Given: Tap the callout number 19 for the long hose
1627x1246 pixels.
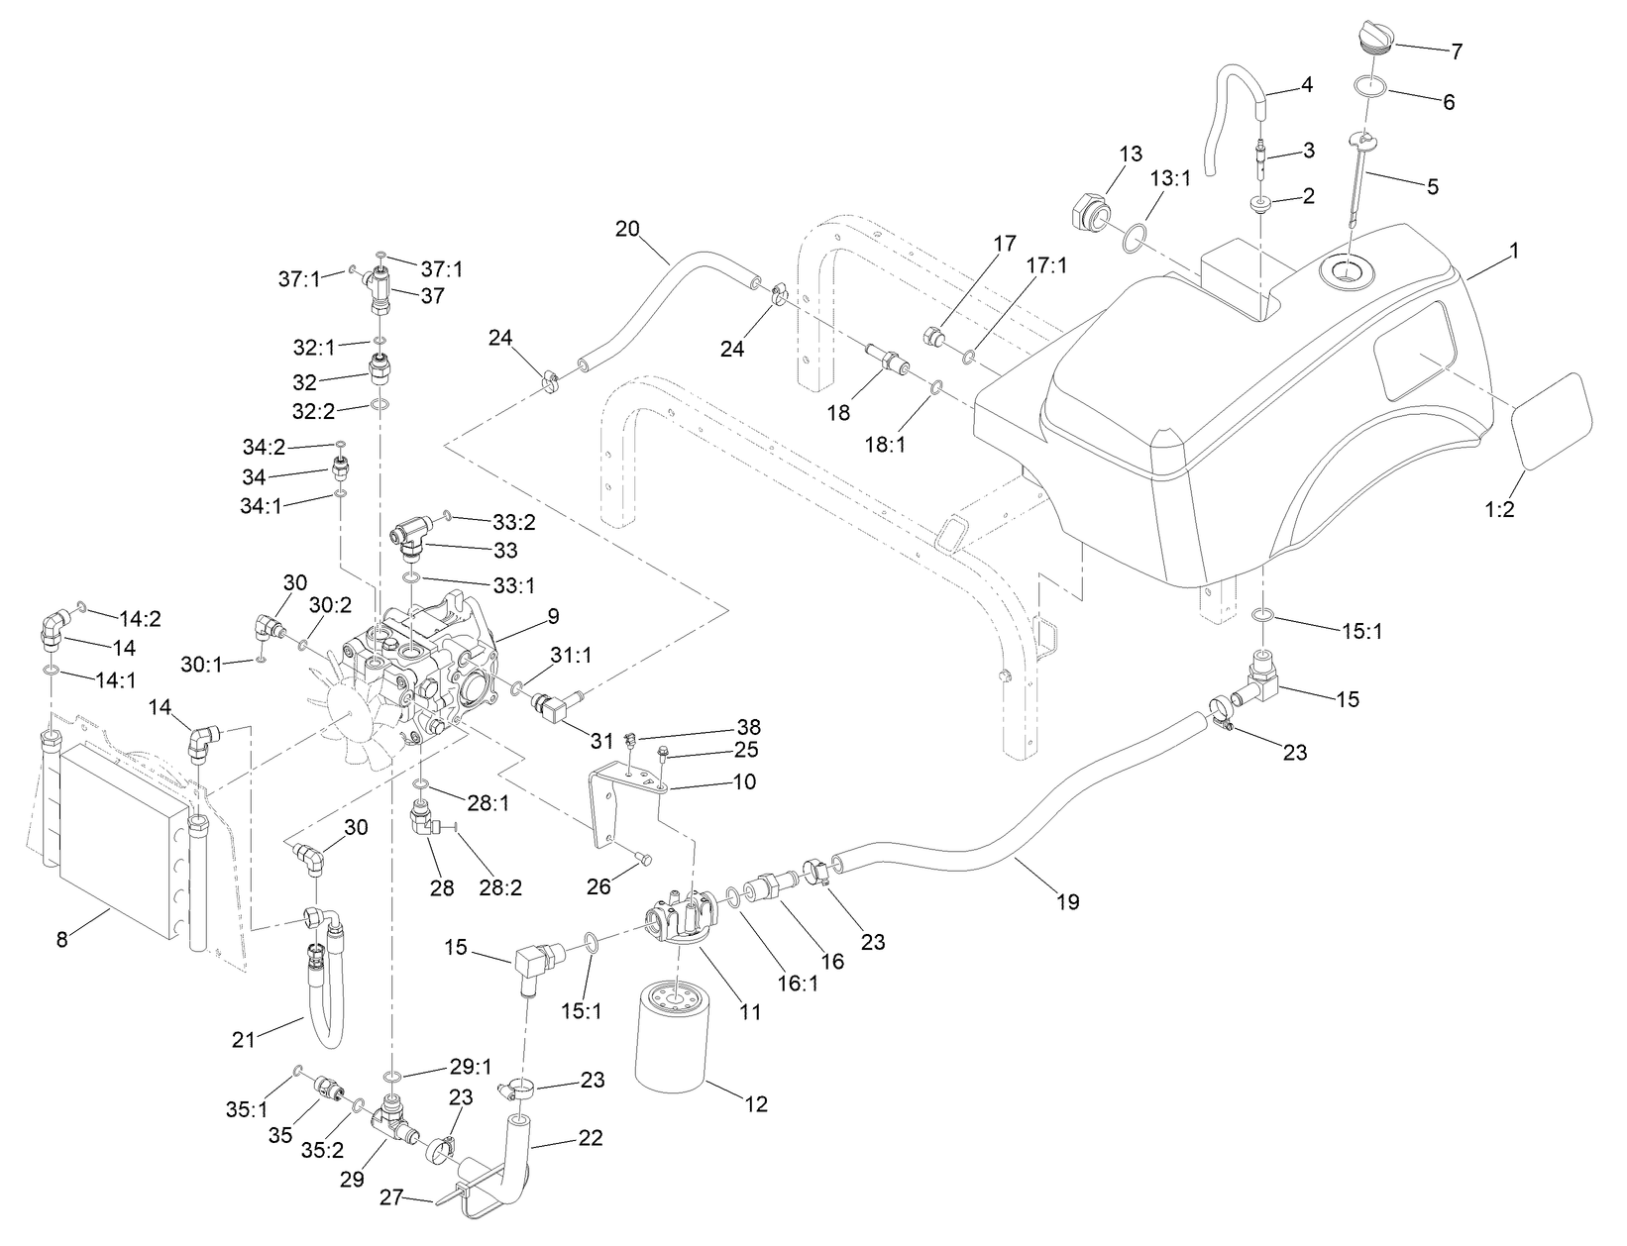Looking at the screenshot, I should point(1068,901).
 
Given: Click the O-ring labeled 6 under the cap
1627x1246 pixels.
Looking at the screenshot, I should point(1369,86).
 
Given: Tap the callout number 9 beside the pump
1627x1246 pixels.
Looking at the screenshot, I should point(552,616).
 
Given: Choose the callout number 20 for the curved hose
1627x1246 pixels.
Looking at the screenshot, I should point(627,229).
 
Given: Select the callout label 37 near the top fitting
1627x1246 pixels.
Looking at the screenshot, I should point(433,295).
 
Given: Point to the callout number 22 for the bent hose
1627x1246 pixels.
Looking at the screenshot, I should point(591,1136).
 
